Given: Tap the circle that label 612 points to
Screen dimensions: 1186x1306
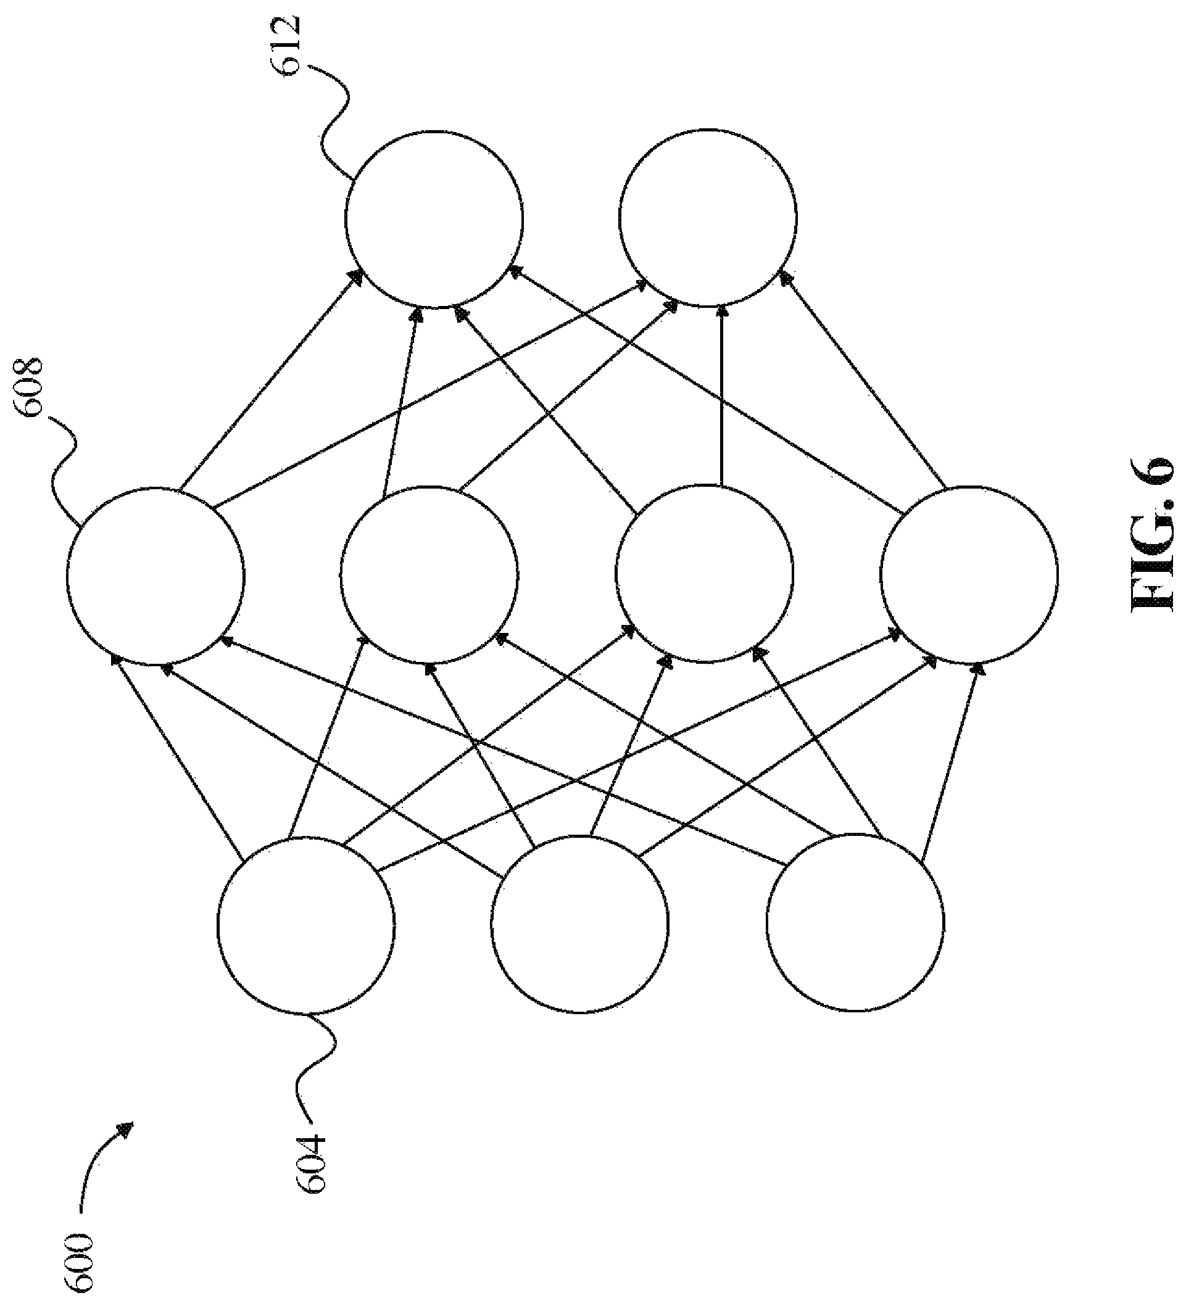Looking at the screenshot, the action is (x=434, y=219).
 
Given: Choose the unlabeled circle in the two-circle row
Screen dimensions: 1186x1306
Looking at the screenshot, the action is (x=708, y=217).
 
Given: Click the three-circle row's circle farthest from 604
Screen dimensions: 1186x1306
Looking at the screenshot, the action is (x=855, y=922).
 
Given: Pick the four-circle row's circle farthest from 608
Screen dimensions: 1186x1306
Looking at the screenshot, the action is (x=969, y=574).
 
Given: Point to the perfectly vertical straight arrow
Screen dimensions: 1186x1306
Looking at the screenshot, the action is (x=721, y=396).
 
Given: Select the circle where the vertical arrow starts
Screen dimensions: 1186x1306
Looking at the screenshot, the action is (x=705, y=573).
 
